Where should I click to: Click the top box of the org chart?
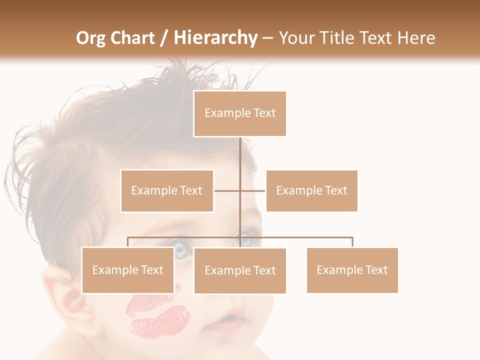pos(240,113)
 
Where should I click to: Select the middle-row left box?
pos(167,190)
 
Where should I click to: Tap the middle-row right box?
pos(311,190)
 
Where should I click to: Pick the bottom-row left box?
pos(127,270)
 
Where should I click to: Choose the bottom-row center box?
pos(240,270)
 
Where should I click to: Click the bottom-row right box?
pos(352,270)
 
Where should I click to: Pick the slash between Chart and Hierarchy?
pos(164,38)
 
